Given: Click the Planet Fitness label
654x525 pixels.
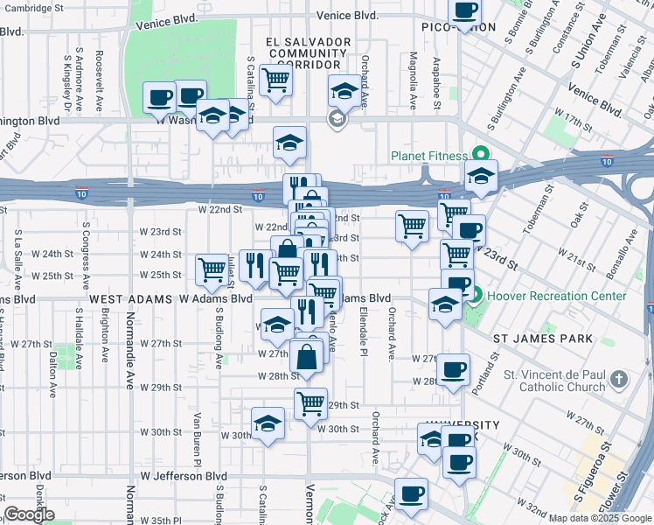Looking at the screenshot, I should coord(429,157).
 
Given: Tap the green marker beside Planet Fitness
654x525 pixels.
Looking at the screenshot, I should coord(479,157).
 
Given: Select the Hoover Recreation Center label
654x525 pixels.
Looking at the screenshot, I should coord(557,296).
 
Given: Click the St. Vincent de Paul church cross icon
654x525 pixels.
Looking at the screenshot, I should coord(619,380).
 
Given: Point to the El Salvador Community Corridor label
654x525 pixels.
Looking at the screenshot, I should coord(304,53).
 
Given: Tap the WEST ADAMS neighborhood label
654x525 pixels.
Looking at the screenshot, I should coord(130,298).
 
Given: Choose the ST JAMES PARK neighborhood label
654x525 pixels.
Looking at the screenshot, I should coord(543,338).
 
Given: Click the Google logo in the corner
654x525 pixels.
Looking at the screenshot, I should coord(29,514).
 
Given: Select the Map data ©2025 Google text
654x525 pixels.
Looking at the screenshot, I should coord(601,518).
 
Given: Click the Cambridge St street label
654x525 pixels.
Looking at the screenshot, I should coord(59,6).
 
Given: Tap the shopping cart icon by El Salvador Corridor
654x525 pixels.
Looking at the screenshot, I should coord(277,80).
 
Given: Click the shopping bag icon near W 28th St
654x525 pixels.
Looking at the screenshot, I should coord(306,357).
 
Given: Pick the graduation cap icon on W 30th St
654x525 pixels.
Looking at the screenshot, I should coord(268,423).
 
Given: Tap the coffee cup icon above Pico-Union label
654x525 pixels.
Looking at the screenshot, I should coord(464,10).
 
